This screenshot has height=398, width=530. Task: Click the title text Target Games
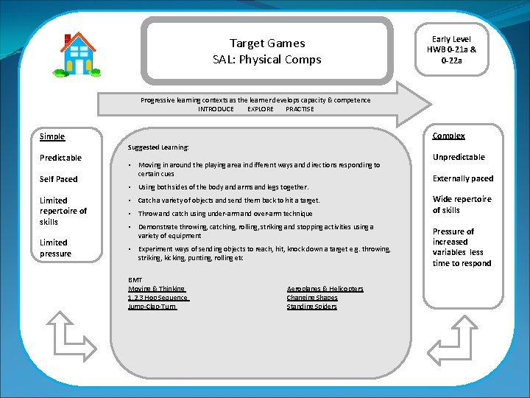pos(266,43)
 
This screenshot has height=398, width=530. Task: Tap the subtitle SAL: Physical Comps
pos(266,60)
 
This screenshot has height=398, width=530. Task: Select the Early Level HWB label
pos(451,49)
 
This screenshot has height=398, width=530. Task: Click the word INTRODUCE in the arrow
pos(216,109)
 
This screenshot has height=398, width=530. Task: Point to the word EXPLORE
pos(260,109)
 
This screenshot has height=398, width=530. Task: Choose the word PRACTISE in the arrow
pos(300,109)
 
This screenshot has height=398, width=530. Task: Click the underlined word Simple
pos(52,136)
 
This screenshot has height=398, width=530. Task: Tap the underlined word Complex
pos(448,136)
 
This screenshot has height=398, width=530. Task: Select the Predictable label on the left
pos(60,158)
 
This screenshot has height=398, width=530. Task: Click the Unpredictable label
pos(459,157)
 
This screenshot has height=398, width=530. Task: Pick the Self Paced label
pos(59,179)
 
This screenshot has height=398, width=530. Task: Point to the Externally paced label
pos(463,178)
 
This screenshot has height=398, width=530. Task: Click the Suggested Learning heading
pos(158,147)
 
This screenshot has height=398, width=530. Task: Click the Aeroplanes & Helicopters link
pos(325,289)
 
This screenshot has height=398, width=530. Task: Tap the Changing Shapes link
pos(312,298)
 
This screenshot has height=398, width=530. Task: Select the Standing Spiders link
pos(311,307)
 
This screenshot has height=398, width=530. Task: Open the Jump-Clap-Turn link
pos(152,307)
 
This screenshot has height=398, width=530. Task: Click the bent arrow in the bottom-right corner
pos(456,338)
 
